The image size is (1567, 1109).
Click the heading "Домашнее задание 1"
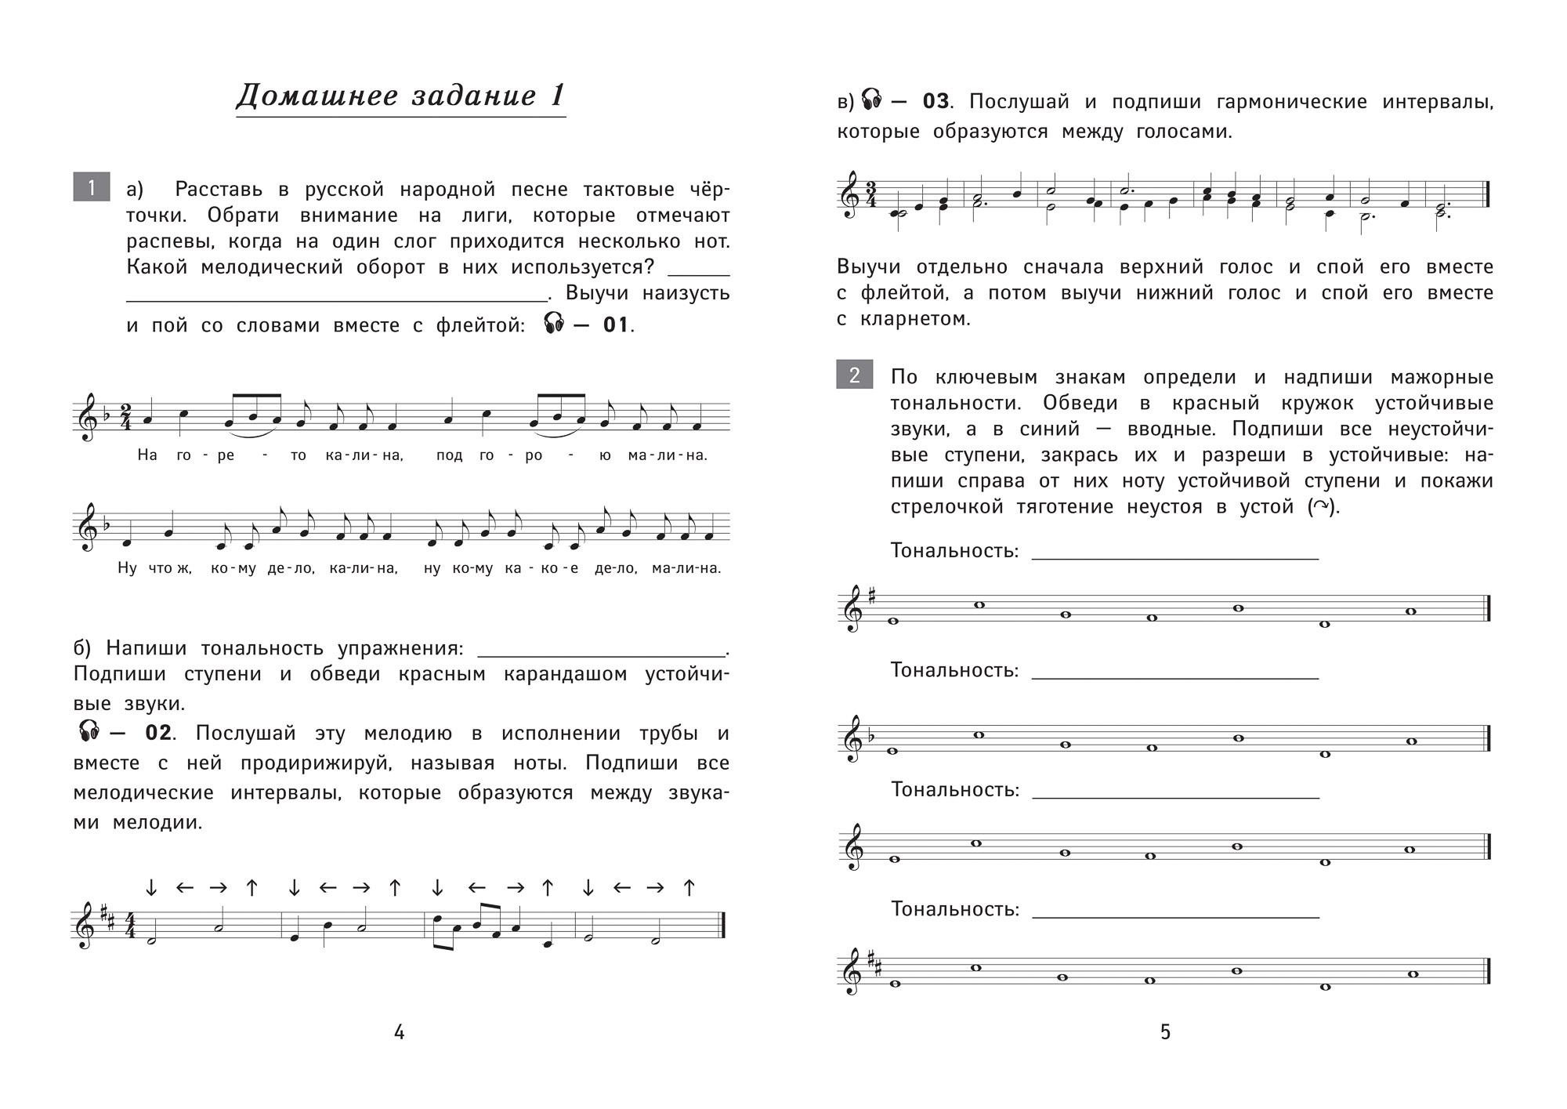click(400, 96)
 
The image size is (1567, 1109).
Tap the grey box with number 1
click(91, 187)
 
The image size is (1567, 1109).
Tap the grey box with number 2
click(855, 375)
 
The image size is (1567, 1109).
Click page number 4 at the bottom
click(399, 1032)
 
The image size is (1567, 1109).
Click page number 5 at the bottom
click(1165, 1031)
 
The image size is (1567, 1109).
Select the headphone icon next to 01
click(554, 323)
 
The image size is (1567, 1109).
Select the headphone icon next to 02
click(90, 731)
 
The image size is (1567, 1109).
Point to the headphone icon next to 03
click(871, 100)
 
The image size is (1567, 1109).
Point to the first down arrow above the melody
click(152, 887)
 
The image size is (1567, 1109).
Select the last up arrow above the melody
click(689, 887)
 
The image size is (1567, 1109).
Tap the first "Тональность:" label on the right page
click(954, 551)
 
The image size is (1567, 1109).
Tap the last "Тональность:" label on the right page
click(954, 909)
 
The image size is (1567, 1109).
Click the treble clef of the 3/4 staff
click(849, 195)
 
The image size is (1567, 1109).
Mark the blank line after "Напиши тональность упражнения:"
click(602, 654)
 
